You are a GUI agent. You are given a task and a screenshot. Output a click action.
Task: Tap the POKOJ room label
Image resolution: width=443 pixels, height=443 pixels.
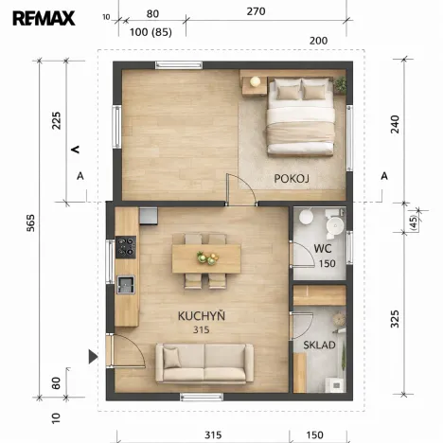[x=292, y=178]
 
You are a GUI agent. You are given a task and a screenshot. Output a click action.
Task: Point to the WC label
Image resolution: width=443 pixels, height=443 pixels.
[x=323, y=249]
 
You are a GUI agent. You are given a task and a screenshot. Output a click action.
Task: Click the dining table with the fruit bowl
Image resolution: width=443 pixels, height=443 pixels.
[x=205, y=257]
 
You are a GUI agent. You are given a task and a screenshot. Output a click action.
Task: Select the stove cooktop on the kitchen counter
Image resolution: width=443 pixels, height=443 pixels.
[x=126, y=248]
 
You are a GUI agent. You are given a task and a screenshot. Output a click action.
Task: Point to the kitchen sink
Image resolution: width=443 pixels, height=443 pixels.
[x=126, y=284]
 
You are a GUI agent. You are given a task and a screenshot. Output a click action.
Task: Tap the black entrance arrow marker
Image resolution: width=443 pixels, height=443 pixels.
[x=93, y=356]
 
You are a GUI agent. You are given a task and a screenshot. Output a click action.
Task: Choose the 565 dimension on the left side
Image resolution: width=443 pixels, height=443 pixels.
[x=31, y=230]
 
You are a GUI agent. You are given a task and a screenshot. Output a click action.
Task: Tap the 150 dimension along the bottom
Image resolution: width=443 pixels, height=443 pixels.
[x=315, y=434]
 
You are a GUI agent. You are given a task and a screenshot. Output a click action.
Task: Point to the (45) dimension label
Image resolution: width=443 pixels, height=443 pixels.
[x=413, y=221]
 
